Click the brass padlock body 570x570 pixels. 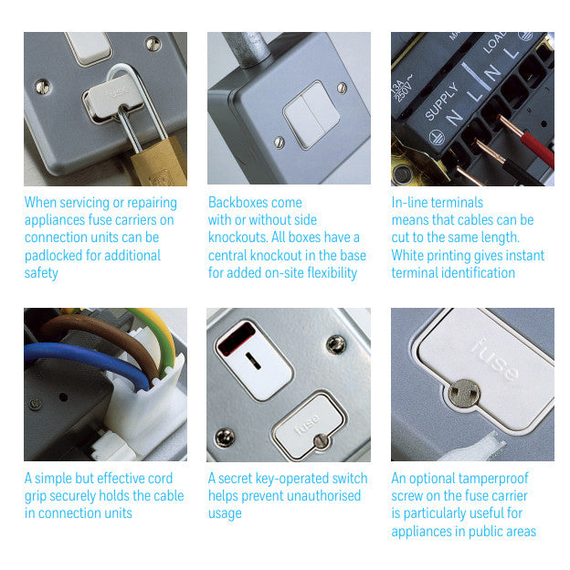tap(160, 163)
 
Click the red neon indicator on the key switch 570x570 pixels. tap(237, 339)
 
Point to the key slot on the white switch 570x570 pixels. tap(253, 361)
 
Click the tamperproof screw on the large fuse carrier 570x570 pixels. tap(464, 393)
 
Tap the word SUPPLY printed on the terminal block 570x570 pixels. tap(442, 101)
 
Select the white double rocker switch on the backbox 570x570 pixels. tap(311, 114)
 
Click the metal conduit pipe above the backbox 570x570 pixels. tap(248, 48)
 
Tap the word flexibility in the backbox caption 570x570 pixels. tap(332, 273)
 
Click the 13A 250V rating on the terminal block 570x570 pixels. tap(402, 90)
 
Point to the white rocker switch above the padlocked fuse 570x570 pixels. tap(89, 47)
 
